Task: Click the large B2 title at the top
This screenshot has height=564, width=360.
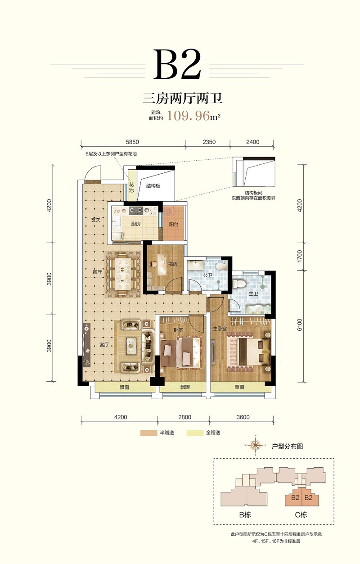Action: [x=177, y=64]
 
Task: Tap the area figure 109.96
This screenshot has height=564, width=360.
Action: [x=188, y=116]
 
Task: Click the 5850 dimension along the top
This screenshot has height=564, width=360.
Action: [x=132, y=142]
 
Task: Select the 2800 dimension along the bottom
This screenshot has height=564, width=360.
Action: [x=185, y=417]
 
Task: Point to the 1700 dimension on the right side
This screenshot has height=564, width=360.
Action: [x=299, y=256]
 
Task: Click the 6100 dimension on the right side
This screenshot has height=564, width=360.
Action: [x=299, y=325]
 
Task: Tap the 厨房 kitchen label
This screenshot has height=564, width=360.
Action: [x=136, y=224]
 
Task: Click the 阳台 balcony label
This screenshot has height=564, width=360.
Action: [x=174, y=224]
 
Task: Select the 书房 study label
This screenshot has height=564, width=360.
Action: [x=173, y=264]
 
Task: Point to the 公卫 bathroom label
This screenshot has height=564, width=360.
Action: [x=208, y=275]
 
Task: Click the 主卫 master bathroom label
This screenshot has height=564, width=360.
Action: [x=253, y=293]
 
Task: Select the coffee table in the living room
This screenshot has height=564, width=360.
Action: [x=131, y=346]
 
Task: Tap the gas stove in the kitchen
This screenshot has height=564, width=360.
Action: [x=136, y=210]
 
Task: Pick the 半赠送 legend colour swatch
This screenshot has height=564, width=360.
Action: [x=149, y=433]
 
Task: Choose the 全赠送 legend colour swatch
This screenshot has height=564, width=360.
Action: [x=195, y=433]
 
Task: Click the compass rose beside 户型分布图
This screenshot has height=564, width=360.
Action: [x=256, y=446]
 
